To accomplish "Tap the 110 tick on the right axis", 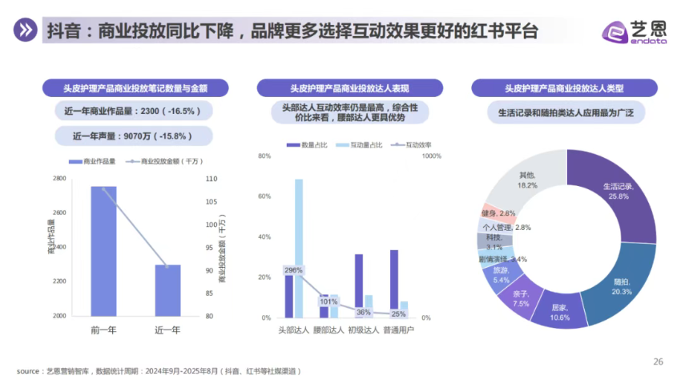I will pyautogui.click(x=211, y=179).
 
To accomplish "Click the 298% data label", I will pyautogui.click(x=293, y=270).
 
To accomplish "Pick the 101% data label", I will pyautogui.click(x=328, y=301).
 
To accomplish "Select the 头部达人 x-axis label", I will pyautogui.click(x=293, y=329).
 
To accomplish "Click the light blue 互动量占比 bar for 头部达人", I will pyautogui.click(x=299, y=248).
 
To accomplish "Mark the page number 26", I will pyautogui.click(x=659, y=361).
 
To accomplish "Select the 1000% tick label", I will pyautogui.click(x=432, y=156).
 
